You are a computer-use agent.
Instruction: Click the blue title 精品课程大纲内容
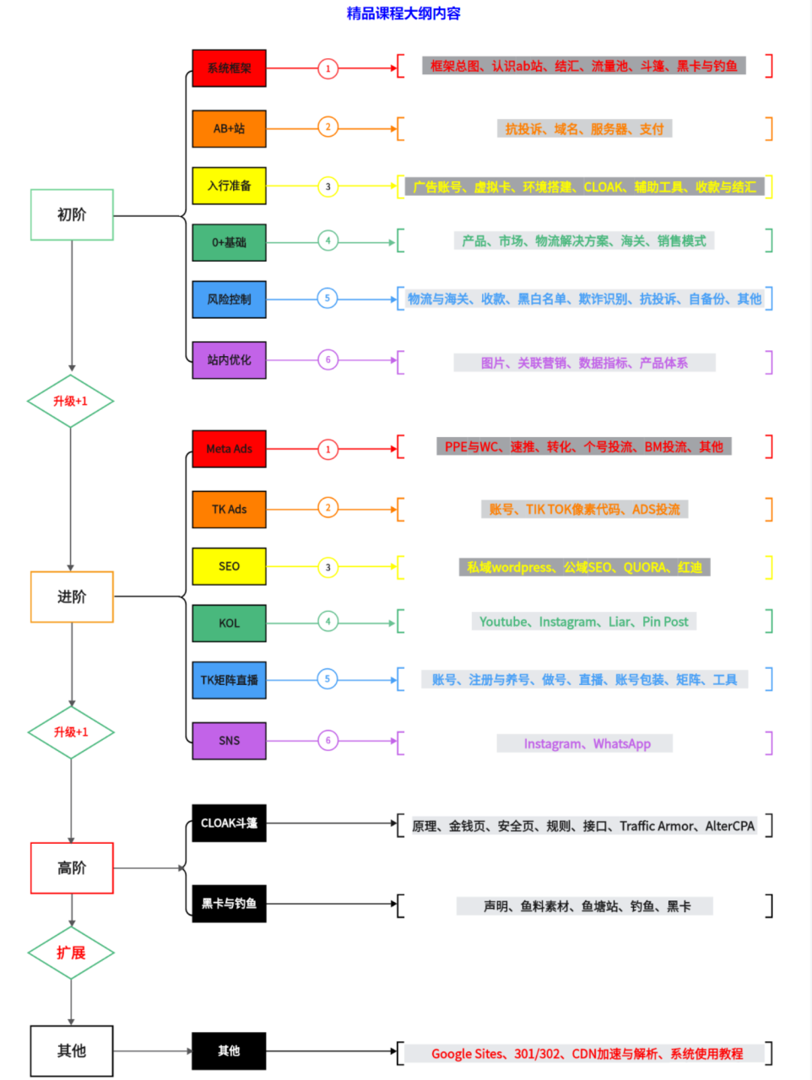[x=403, y=13]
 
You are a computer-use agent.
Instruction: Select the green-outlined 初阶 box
[x=72, y=215]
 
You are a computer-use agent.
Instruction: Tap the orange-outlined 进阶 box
[x=72, y=597]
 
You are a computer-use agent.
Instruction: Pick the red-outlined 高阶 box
[x=72, y=868]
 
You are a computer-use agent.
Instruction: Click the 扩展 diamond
[x=71, y=953]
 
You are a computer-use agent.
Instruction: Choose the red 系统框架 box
[x=229, y=68]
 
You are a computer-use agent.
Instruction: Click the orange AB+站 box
[x=229, y=129]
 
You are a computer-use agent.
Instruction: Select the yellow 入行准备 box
[x=229, y=186]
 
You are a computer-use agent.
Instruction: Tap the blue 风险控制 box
[x=229, y=300]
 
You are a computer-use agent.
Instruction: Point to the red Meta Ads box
[x=229, y=449]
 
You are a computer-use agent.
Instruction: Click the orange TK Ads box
[x=229, y=510]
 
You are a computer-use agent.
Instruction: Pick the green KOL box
[x=229, y=624]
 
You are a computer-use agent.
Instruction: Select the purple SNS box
[x=229, y=741]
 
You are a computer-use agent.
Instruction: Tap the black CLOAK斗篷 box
[x=229, y=823]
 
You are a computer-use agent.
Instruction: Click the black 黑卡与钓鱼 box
[x=229, y=904]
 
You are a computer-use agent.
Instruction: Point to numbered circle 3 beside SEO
[x=328, y=567]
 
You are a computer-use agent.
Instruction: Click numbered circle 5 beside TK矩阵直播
[x=328, y=678]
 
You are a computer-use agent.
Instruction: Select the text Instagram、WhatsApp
[x=587, y=743]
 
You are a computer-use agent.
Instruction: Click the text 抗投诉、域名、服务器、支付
[x=584, y=129]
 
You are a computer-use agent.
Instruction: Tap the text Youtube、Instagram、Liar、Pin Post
[x=584, y=622]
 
